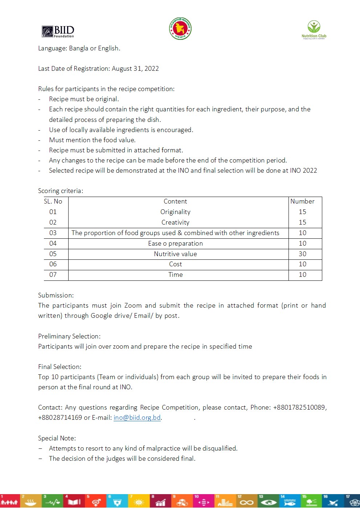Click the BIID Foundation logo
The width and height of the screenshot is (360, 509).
tap(58, 32)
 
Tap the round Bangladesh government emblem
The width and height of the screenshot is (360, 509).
tap(180, 29)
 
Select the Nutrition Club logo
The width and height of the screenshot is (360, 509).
tap(314, 29)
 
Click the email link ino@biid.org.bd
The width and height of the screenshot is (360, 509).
tap(137, 418)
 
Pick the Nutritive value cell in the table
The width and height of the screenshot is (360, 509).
tap(175, 254)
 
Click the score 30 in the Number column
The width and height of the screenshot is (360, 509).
tap(302, 254)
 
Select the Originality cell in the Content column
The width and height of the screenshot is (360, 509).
tap(175, 212)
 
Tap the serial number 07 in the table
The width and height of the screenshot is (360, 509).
tap(53, 275)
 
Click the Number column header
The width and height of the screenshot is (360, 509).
tap(302, 201)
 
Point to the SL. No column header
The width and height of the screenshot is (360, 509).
tap(53, 201)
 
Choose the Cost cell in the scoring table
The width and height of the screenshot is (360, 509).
tap(175, 264)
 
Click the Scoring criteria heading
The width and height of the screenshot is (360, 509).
tap(61, 191)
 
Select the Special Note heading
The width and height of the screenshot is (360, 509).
tap(57, 438)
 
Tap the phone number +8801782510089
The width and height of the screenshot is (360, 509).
tap(299, 407)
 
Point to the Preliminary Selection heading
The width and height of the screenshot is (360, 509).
tap(69, 336)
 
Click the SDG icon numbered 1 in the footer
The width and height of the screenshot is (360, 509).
tap(9, 501)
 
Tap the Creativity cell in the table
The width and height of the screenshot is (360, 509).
tap(175, 222)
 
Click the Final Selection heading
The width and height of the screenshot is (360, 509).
tap(60, 367)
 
